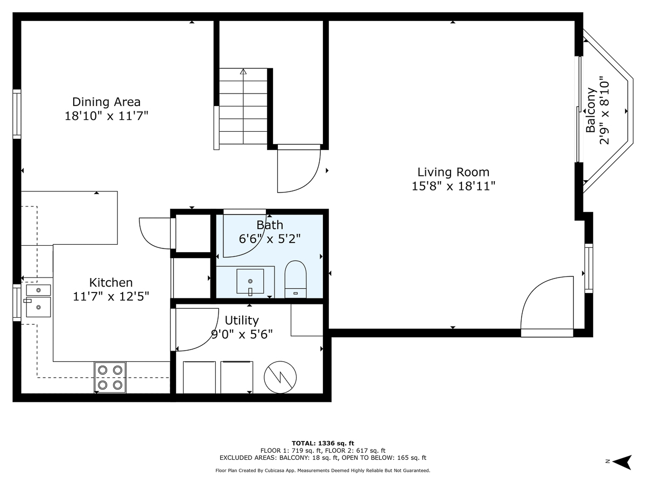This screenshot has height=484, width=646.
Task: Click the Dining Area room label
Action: [106, 102]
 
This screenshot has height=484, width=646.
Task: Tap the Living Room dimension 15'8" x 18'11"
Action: [453, 186]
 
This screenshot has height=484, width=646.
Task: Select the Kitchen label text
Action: [111, 282]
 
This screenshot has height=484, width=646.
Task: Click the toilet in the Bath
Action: [295, 279]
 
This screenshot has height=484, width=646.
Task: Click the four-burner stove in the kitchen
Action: [110, 377]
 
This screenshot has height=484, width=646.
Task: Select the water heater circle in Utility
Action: [280, 376]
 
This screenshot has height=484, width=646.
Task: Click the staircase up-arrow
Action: [243, 72]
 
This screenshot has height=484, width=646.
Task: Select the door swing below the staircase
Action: [298, 169]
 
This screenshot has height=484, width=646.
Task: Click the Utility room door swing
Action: [196, 329]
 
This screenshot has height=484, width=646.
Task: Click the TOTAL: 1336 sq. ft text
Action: [323, 443]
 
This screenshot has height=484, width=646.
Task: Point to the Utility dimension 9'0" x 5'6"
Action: [242, 334]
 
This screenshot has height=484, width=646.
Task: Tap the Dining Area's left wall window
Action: [17, 114]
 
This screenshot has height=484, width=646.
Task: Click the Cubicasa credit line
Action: [323, 470]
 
